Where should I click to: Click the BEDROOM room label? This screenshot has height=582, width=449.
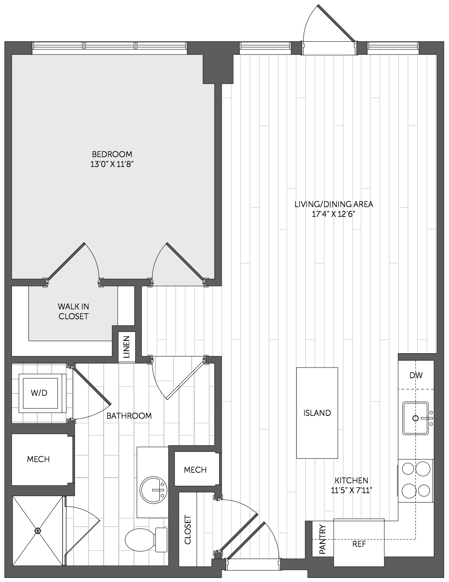click(112, 154)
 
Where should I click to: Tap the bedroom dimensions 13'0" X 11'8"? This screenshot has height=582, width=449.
click(112, 164)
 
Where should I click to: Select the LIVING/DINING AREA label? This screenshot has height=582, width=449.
click(334, 204)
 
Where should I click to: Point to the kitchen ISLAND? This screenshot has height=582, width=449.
click(317, 413)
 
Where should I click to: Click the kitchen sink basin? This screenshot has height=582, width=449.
click(415, 418)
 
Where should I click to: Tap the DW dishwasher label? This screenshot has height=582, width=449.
click(416, 375)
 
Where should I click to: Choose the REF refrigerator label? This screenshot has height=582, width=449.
click(359, 544)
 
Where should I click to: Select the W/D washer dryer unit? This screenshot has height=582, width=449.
click(40, 393)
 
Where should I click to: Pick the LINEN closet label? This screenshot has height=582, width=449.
click(126, 347)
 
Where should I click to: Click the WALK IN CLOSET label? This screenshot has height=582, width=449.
click(73, 311)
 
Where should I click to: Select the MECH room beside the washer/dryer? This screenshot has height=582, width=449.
click(39, 459)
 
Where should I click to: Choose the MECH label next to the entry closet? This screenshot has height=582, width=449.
click(195, 469)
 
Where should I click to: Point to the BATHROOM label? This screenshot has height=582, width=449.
click(129, 416)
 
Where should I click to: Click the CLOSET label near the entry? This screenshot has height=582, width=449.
click(188, 530)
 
